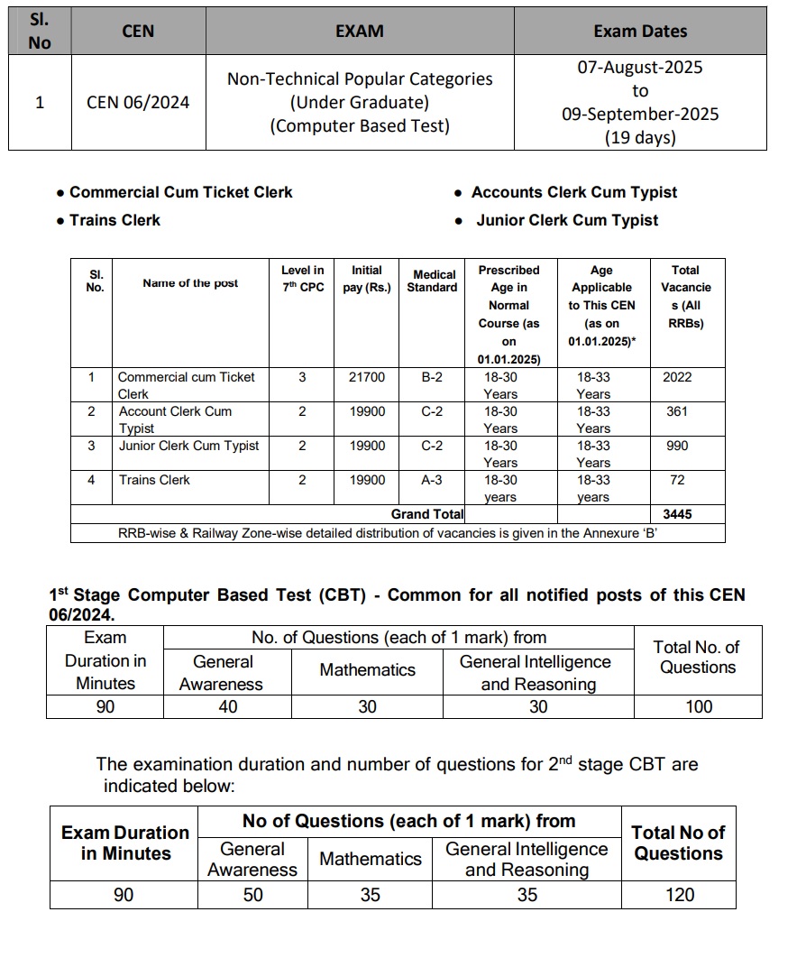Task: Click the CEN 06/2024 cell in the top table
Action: click(138, 102)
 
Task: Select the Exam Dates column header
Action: click(640, 31)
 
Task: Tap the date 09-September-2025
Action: click(640, 115)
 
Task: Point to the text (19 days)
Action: click(640, 138)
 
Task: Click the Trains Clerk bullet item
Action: click(114, 220)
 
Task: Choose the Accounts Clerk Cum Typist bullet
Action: click(574, 192)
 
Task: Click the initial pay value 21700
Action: click(367, 377)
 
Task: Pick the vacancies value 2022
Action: click(677, 377)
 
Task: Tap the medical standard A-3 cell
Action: click(432, 480)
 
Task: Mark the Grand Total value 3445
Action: click(677, 514)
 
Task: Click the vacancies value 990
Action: click(677, 446)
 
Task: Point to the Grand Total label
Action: click(427, 514)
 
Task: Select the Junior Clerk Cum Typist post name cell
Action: click(188, 446)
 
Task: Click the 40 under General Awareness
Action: click(228, 706)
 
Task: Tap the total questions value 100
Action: click(699, 706)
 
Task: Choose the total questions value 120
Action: click(679, 895)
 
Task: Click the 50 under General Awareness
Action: click(253, 895)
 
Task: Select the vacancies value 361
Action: click(677, 411)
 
